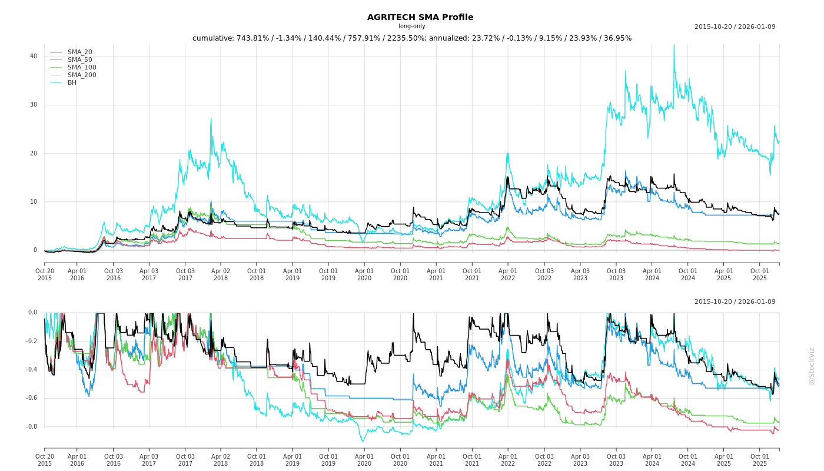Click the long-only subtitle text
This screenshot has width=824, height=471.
point(411,26)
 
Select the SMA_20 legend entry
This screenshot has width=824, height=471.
point(79,52)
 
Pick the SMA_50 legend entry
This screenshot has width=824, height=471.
point(79,60)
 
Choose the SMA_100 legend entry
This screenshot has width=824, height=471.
point(82,68)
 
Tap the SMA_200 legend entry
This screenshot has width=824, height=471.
point(82,75)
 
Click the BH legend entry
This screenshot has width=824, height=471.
point(72,83)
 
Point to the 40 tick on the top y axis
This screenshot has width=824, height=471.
point(34,57)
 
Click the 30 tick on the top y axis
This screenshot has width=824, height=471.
point(34,105)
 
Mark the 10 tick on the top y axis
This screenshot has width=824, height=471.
point(34,202)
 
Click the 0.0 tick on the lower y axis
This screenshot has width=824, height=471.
point(32,313)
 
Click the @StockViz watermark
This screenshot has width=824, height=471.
point(812,366)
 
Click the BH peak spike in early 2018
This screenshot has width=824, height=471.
point(211,118)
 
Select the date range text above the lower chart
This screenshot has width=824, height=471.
point(735,302)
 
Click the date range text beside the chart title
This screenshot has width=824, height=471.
point(735,26)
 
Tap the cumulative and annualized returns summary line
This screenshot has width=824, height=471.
point(411,38)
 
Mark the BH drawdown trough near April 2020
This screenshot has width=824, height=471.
point(363,442)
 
